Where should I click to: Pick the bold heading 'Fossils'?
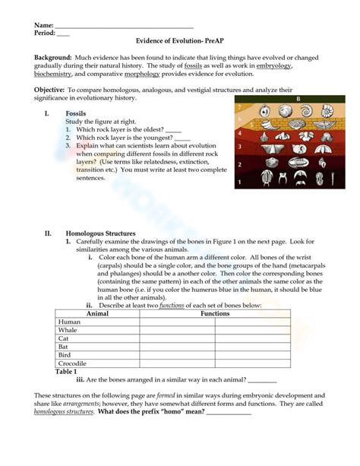click(x=76, y=113)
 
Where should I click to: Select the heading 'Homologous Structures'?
click(x=100, y=233)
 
